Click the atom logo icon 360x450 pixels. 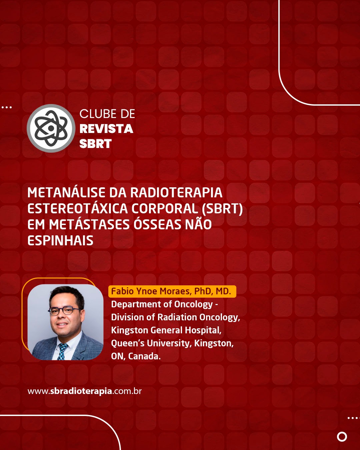pyautogui.click(x=51, y=128)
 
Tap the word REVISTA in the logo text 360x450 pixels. pyautogui.click(x=106, y=129)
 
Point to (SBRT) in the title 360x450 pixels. pyautogui.click(x=222, y=209)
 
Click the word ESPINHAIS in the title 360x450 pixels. pyautogui.click(x=60, y=241)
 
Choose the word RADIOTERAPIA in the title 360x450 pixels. pyautogui.click(x=177, y=192)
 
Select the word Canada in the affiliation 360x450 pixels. pyautogui.click(x=144, y=356)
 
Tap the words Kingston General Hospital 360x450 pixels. pyautogui.click(x=166, y=330)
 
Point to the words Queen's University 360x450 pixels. pyautogui.click(x=151, y=343)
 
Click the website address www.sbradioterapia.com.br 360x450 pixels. pyautogui.click(x=85, y=391)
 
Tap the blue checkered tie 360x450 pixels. pyautogui.click(x=62, y=351)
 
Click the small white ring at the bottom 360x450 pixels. pyautogui.click(x=342, y=437)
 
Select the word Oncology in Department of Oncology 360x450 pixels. pyautogui.click(x=193, y=304)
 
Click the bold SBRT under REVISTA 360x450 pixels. pyautogui.click(x=95, y=144)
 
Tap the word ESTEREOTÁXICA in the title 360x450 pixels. pyautogui.click(x=78, y=208)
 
